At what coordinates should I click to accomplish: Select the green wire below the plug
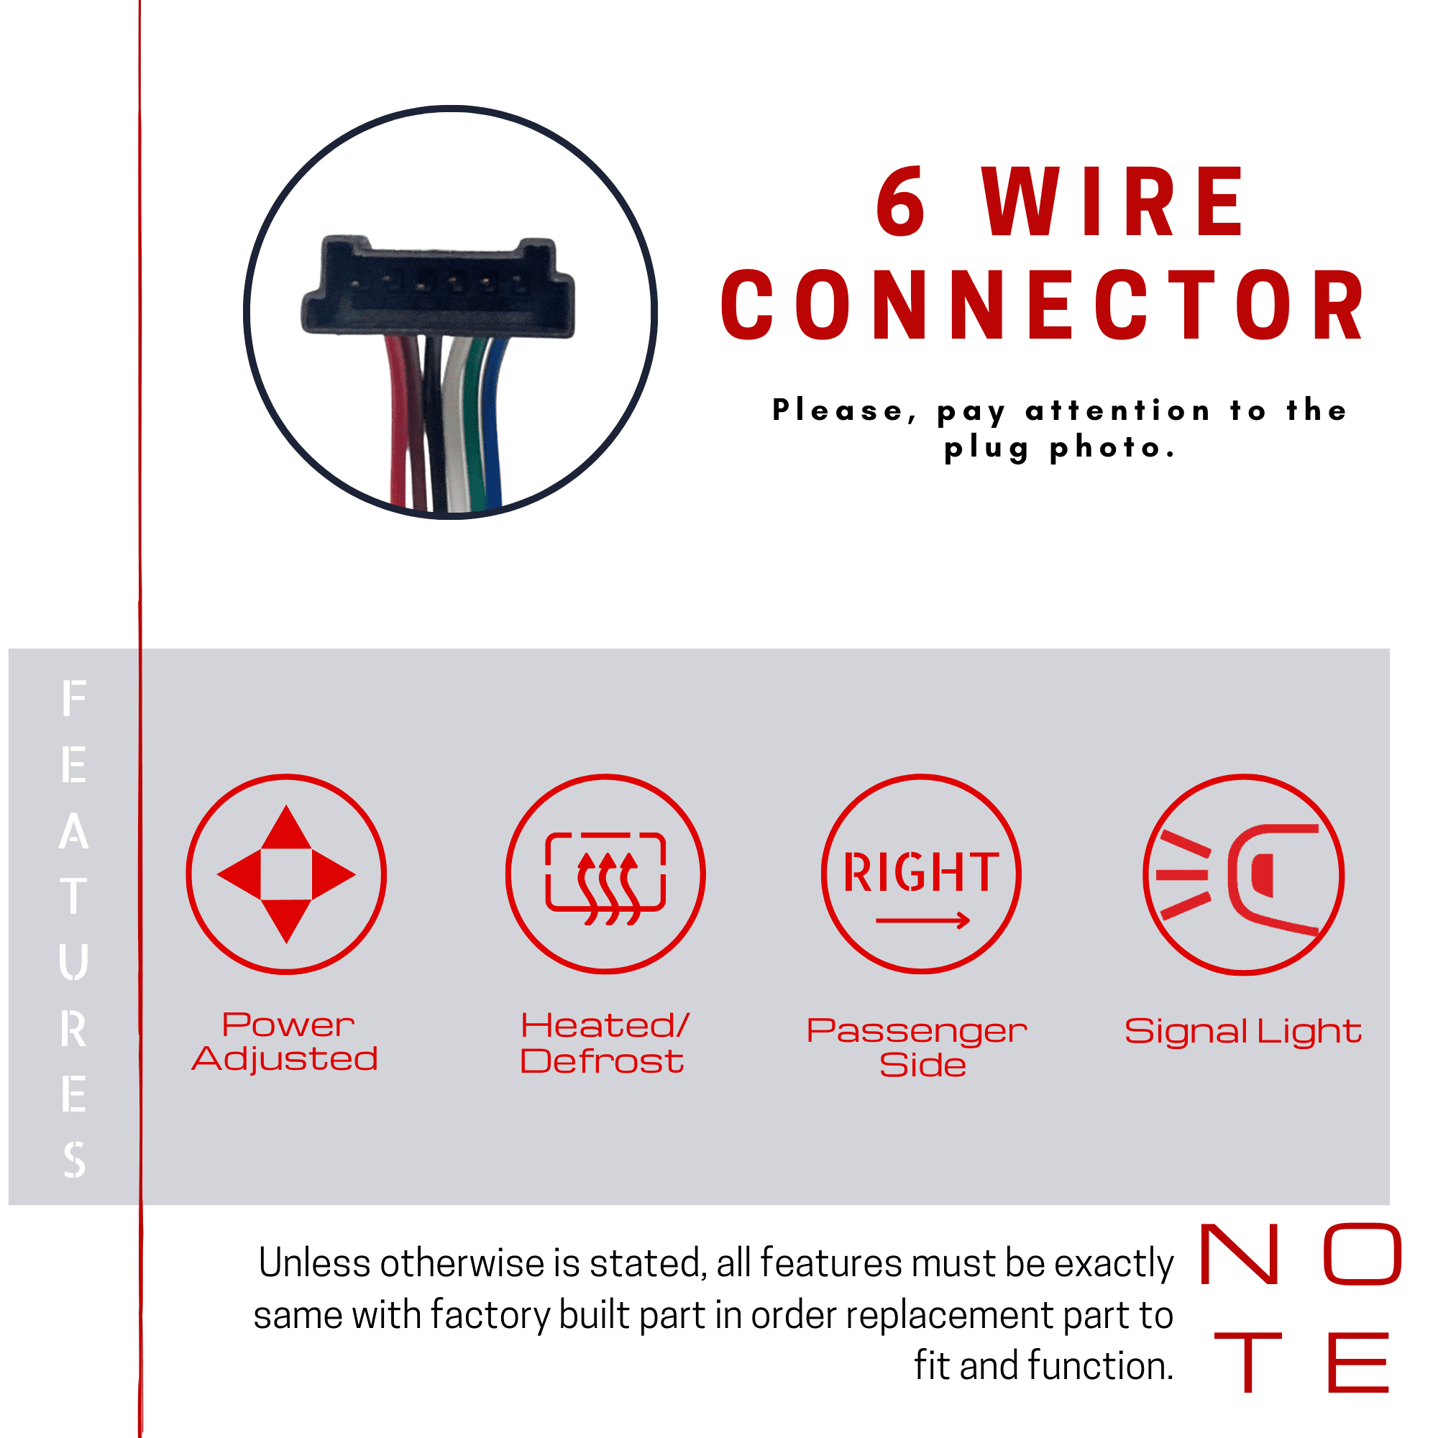click(474, 424)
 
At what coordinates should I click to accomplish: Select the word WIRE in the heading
click(1114, 202)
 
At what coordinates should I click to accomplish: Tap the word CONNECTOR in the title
click(1042, 304)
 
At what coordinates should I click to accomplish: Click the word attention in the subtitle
click(1118, 410)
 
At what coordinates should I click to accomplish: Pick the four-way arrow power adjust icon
click(287, 874)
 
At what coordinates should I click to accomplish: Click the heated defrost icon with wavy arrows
click(606, 874)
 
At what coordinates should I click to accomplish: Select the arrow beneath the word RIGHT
click(923, 921)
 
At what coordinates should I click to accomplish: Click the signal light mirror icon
click(1244, 874)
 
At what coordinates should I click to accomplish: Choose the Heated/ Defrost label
click(605, 1043)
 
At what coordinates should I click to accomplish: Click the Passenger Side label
click(917, 1048)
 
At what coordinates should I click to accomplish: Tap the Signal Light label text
click(1243, 1032)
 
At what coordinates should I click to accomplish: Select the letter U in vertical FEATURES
click(73, 961)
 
